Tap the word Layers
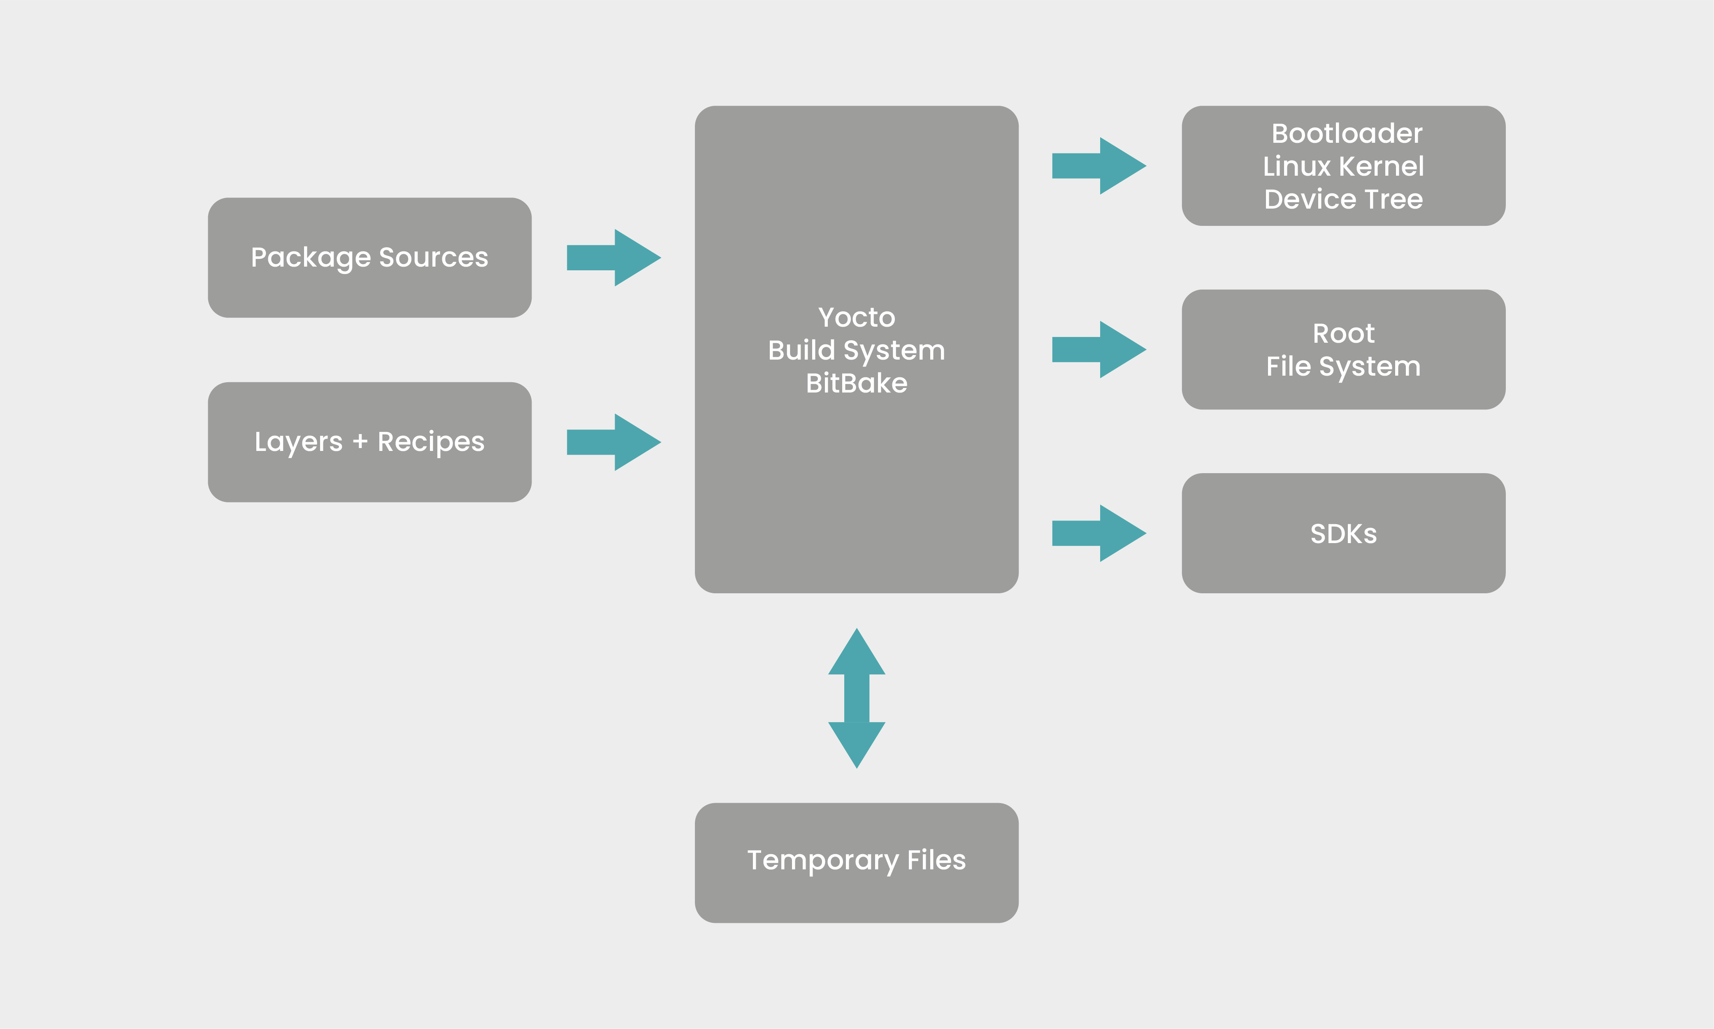(298, 442)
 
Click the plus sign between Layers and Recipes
(360, 441)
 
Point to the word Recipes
(431, 442)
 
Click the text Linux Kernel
(1343, 166)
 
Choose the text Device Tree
(1343, 200)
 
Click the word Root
(1343, 334)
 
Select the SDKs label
(1343, 534)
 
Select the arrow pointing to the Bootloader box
(1098, 166)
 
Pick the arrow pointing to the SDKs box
(1098, 533)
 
